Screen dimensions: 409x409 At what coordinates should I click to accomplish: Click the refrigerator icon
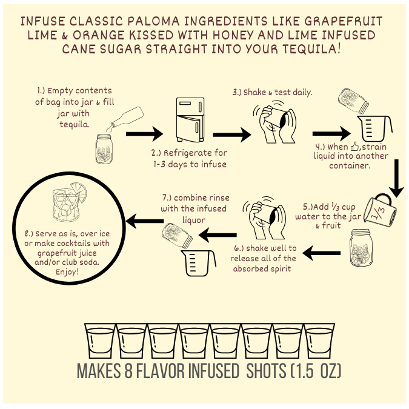click(x=190, y=119)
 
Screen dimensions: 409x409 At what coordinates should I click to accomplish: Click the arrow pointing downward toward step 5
click(x=396, y=178)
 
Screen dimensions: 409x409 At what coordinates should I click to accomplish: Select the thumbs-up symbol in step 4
click(x=354, y=147)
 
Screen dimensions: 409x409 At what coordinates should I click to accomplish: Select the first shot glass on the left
click(x=100, y=341)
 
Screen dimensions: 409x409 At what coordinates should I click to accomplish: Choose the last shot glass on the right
click(x=319, y=341)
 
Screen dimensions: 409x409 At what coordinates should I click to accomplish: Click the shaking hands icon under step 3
click(x=274, y=122)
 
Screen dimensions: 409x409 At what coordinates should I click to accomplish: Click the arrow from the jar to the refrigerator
click(x=144, y=134)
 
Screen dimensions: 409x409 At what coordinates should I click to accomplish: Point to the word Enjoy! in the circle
click(x=67, y=272)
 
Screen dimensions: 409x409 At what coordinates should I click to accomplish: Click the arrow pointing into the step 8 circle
click(x=144, y=221)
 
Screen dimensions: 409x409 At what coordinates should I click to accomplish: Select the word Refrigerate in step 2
click(x=187, y=153)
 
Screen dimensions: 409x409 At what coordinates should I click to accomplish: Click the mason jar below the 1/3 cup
click(x=361, y=248)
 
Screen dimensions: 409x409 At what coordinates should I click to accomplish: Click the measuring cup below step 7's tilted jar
click(x=198, y=263)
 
